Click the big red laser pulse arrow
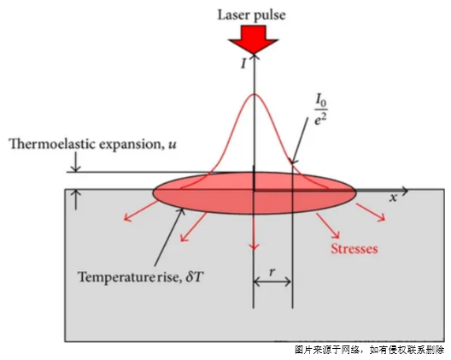tap(254, 39)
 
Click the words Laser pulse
tap(252, 15)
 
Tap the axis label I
tap(243, 63)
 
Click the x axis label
tap(394, 198)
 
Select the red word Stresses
tap(354, 249)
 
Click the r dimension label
tap(272, 272)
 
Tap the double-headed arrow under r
tap(272, 281)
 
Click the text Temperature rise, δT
tap(141, 277)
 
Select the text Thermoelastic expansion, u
tap(92, 144)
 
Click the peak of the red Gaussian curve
tap(254, 94)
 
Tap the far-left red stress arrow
tap(141, 211)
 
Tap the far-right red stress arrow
tap(371, 212)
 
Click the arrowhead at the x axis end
tap(405, 191)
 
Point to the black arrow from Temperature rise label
tap(169, 237)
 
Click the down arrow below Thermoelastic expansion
tap(76, 162)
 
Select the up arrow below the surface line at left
tap(76, 199)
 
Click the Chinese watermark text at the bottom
tap(369, 351)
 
